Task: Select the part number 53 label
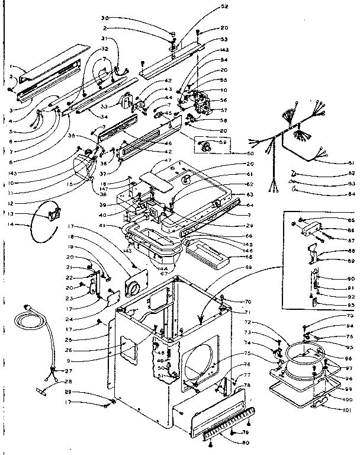tap(207, 39)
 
